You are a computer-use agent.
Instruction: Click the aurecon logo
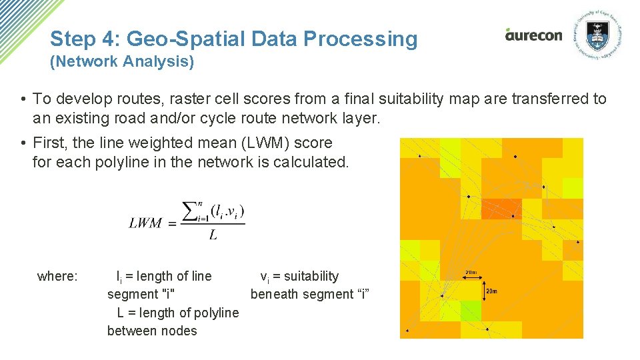(x=533, y=35)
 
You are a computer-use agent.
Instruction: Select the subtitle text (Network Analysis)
(x=122, y=62)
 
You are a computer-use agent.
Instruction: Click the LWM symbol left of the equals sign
(x=145, y=223)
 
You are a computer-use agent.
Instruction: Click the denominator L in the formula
(x=213, y=235)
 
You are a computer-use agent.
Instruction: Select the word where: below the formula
(x=57, y=277)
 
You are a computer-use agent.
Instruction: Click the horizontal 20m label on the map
(x=471, y=272)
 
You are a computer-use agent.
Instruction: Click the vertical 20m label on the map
(x=492, y=291)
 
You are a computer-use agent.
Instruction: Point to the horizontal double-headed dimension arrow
(x=471, y=279)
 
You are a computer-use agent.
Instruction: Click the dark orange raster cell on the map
(x=501, y=209)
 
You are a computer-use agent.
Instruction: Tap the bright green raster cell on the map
(x=470, y=311)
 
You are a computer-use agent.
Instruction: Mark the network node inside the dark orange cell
(x=512, y=216)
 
